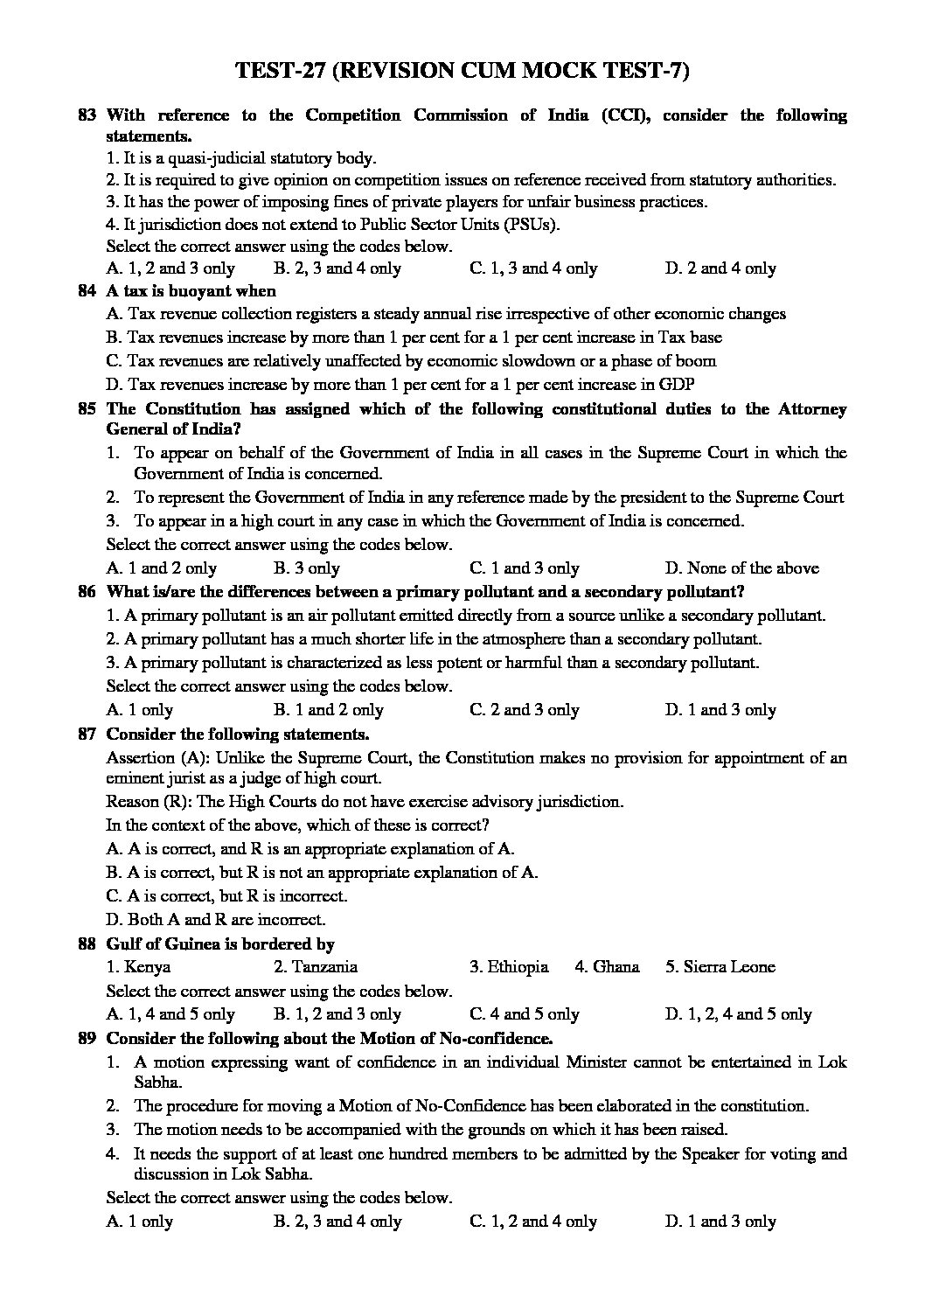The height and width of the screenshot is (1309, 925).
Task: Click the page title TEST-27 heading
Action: click(462, 72)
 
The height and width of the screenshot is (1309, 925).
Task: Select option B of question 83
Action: click(337, 268)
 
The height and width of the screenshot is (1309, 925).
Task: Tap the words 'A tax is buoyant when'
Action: click(191, 291)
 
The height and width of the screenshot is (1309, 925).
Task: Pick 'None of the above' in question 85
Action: click(741, 568)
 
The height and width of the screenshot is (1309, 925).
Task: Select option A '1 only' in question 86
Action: click(140, 710)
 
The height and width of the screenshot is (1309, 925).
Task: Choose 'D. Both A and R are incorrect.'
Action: click(215, 919)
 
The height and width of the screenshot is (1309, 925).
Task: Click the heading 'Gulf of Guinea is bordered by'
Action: click(220, 943)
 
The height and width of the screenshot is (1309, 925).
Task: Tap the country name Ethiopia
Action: click(509, 967)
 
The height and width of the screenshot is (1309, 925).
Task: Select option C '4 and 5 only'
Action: click(525, 1014)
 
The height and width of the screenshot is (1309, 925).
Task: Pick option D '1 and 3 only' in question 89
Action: click(720, 1222)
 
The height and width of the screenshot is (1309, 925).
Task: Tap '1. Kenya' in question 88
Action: click(138, 967)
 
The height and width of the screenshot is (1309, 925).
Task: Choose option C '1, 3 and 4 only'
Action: click(533, 268)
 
